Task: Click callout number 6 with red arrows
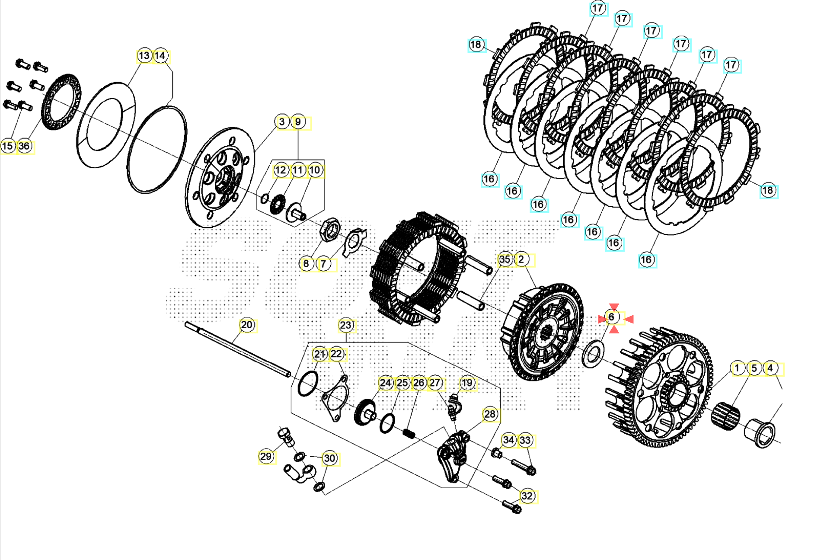pos(611,317)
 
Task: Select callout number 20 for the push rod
pos(247,325)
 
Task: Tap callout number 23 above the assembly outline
pos(345,325)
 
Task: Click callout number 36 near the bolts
pos(24,146)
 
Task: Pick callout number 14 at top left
pos(160,56)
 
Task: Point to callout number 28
pos(489,414)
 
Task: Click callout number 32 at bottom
pos(527,496)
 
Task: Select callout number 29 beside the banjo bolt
pos(266,456)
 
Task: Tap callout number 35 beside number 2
pos(505,259)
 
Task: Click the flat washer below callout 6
pos(593,354)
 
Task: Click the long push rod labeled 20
pos(238,349)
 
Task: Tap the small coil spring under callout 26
pos(409,433)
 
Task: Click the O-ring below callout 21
pos(308,384)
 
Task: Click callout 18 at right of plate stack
pos(768,190)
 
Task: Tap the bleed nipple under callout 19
pos(454,407)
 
